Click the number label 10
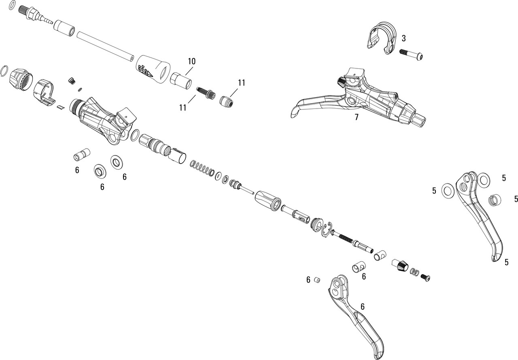(x=191, y=61)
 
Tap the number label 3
(x=403, y=38)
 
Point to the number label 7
(x=356, y=117)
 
